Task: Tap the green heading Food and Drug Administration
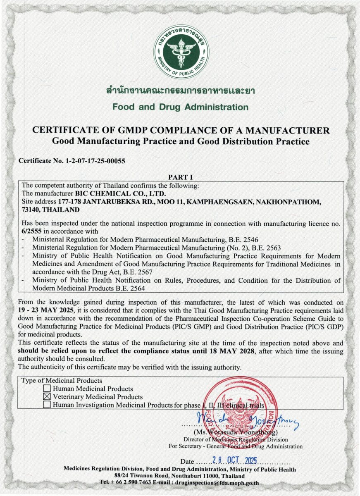pos(180,107)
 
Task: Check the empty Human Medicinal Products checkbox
pos(47,389)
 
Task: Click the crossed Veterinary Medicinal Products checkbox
pos(47,397)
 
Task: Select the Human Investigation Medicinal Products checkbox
pos(47,405)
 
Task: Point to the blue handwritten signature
pos(248,421)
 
